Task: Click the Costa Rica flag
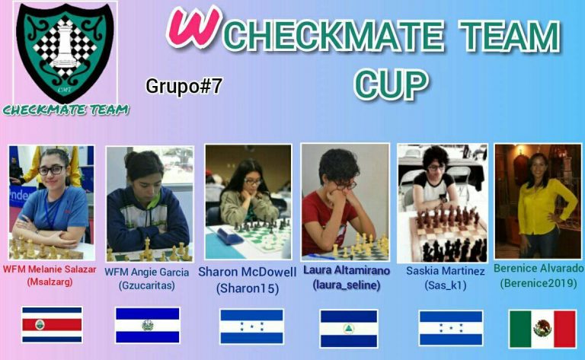[52, 324]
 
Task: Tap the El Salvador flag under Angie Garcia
[147, 324]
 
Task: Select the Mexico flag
[542, 329]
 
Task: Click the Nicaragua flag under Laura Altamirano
[349, 328]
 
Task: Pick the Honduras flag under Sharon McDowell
[252, 326]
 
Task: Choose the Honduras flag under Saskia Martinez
[451, 328]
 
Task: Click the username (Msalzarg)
[50, 282]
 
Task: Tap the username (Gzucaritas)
[146, 285]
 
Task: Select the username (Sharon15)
[248, 288]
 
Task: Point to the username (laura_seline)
[347, 285]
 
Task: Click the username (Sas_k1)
[446, 285]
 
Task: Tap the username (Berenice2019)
[539, 283]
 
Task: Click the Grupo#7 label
[184, 86]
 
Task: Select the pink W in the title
[194, 27]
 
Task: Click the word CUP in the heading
[392, 84]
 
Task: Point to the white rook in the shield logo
[65, 44]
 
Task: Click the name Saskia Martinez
[446, 271]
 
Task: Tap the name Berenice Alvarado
[539, 269]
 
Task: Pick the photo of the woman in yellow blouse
[538, 201]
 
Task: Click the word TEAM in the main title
[510, 36]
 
